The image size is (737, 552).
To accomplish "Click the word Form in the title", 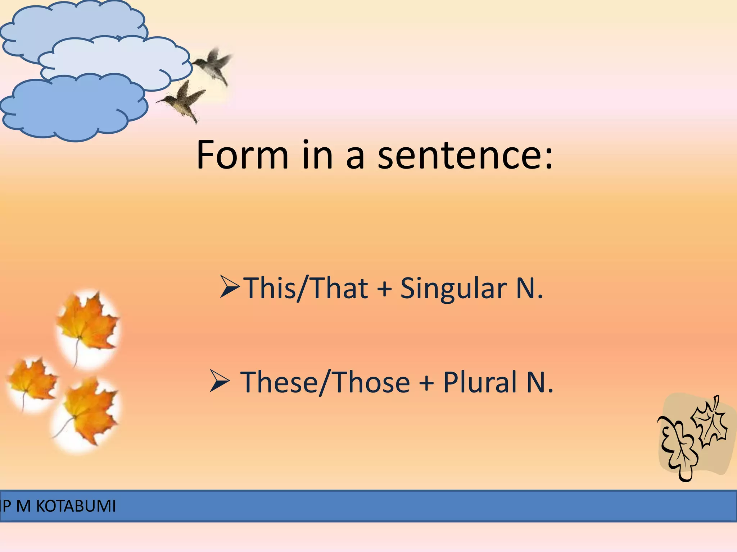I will [x=242, y=155].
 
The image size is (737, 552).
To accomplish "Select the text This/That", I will [x=306, y=288].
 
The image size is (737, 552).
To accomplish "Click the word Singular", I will [x=453, y=288].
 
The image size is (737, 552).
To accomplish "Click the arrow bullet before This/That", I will [x=229, y=287].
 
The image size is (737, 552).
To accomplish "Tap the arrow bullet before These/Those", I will [x=220, y=382].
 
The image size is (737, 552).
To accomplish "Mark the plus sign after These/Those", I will [x=426, y=382].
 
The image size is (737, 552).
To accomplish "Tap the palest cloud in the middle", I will [x=115, y=59].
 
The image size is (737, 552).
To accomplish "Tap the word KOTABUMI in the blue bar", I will [x=76, y=506].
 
